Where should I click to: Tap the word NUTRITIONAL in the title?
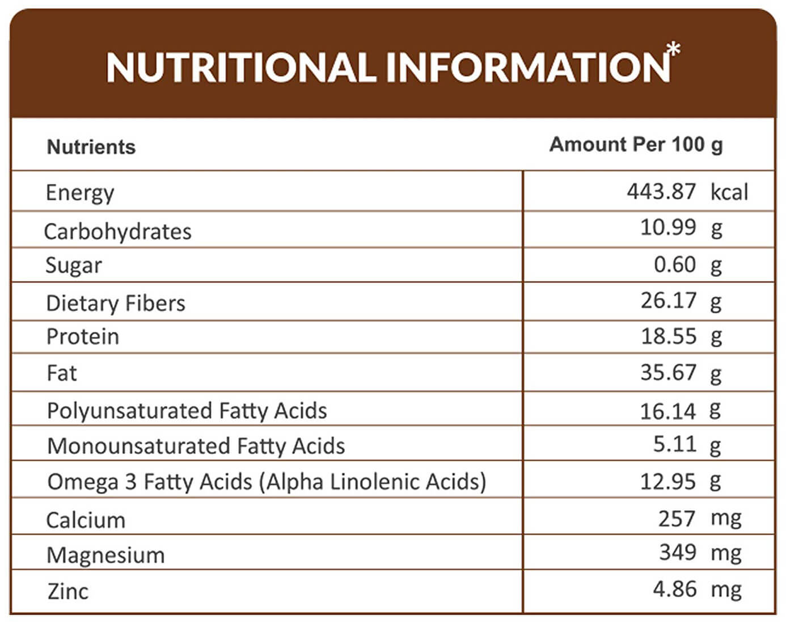(x=241, y=67)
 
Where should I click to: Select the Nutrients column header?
(x=91, y=147)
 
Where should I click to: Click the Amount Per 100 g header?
(x=636, y=145)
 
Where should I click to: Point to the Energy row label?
(x=79, y=193)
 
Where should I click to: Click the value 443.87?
(x=661, y=191)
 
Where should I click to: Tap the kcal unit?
(x=729, y=191)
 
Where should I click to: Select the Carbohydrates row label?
(x=117, y=231)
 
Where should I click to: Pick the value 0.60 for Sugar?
(x=675, y=264)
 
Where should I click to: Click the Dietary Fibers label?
(x=116, y=304)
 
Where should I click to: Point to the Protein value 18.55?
(x=669, y=336)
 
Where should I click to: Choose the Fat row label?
(x=62, y=373)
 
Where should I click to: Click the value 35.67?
(x=668, y=372)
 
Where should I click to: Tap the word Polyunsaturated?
(x=130, y=411)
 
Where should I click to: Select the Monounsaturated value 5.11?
(x=675, y=444)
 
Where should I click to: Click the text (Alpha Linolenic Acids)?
(x=373, y=482)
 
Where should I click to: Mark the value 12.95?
(x=668, y=482)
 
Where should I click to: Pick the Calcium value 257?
(x=677, y=519)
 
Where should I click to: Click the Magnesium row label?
(x=105, y=555)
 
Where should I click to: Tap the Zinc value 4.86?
(x=675, y=589)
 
